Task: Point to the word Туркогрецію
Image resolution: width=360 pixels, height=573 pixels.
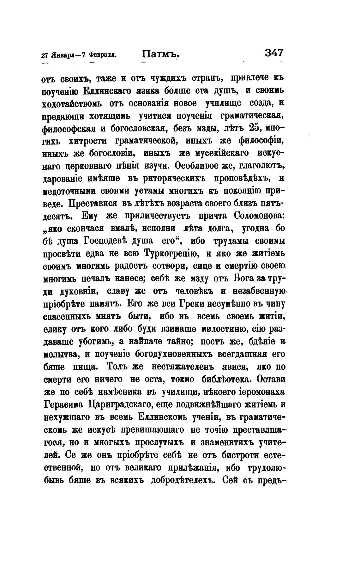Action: [x=171, y=253]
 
